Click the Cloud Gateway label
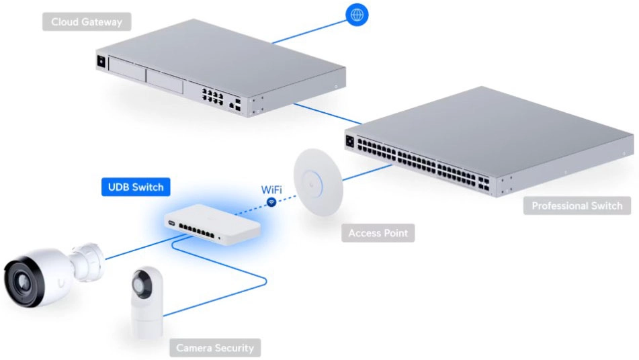(x=87, y=22)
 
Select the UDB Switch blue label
(x=135, y=187)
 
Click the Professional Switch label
(x=577, y=206)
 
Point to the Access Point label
(x=378, y=234)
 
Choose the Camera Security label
(x=215, y=348)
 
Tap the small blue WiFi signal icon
(x=271, y=201)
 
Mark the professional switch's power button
(x=349, y=142)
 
